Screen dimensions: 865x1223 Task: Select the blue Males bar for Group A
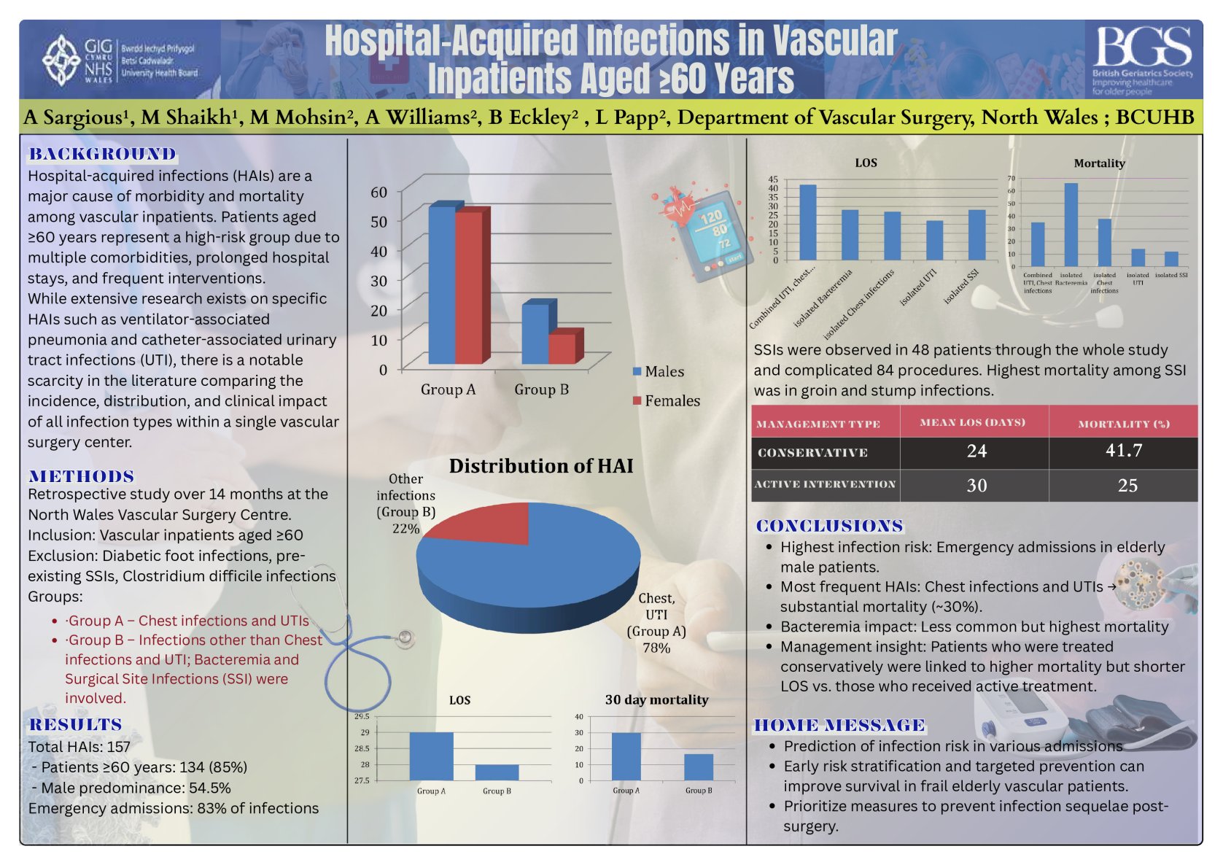(442, 284)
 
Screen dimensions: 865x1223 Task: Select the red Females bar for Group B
(562, 348)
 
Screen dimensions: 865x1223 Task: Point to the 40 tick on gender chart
(378, 251)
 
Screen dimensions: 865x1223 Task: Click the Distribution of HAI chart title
(540, 466)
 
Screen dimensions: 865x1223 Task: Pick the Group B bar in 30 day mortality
(698, 767)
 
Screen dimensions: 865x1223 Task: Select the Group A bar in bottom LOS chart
(431, 756)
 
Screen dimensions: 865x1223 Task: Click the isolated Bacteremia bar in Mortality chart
(1071, 225)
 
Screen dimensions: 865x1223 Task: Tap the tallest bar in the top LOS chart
(807, 222)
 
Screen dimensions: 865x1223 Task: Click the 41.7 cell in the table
(1123, 451)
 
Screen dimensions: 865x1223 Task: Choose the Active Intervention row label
(825, 484)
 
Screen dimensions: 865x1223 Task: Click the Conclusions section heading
(829, 526)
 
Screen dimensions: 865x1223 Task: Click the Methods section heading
(82, 476)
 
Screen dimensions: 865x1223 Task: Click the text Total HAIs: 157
(79, 746)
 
